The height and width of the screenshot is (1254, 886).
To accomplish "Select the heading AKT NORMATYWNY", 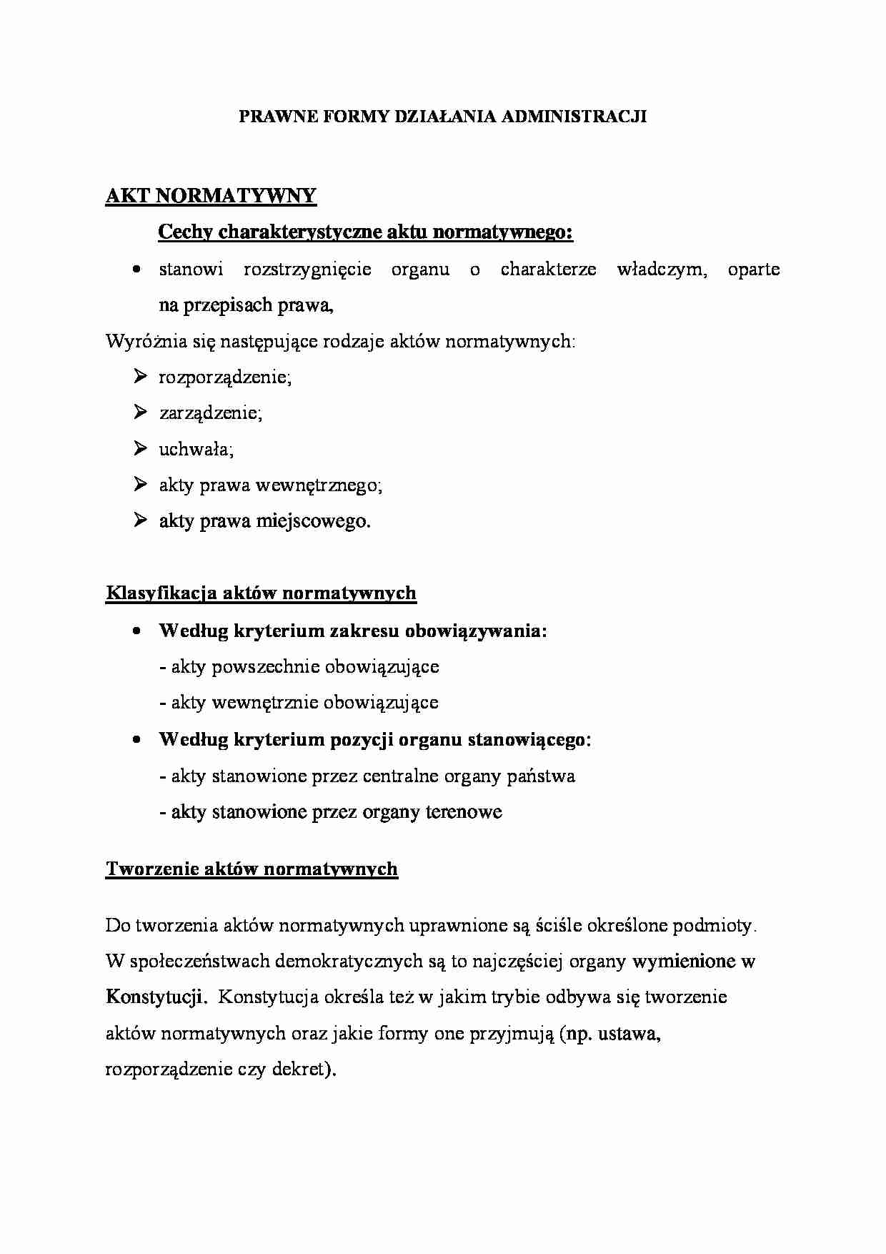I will point(211,197).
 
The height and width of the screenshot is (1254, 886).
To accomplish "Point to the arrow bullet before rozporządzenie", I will point(139,376).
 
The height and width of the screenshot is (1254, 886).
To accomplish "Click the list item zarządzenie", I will point(210,413).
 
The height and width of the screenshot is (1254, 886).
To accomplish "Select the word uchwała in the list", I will point(195,449).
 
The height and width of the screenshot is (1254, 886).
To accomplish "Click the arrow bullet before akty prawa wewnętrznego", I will point(139,484).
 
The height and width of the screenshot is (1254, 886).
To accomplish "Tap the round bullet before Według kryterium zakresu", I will point(136,631).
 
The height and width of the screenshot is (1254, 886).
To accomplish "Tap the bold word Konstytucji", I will point(156,997).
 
